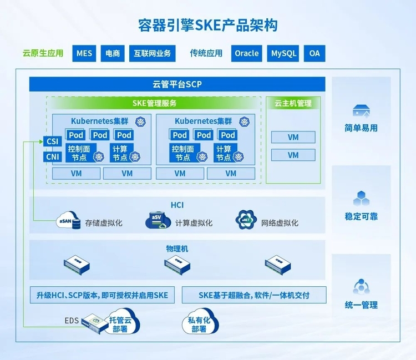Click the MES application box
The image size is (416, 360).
[84, 53]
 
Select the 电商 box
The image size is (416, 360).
[113, 53]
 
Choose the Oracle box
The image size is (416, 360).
[246, 53]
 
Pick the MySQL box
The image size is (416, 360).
[283, 53]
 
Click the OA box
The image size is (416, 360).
[314, 53]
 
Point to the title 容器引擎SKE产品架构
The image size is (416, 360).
[207, 25]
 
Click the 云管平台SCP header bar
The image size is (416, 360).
[177, 85]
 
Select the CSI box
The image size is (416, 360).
[53, 141]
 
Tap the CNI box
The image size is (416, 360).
[53, 156]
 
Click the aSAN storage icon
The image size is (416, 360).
[67, 220]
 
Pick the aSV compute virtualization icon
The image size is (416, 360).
[157, 220]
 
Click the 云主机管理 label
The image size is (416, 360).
[293, 103]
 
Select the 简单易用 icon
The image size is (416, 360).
[361, 111]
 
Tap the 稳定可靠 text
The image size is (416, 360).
[361, 216]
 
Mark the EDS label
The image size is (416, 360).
[72, 320]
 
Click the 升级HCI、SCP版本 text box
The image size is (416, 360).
[102, 295]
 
